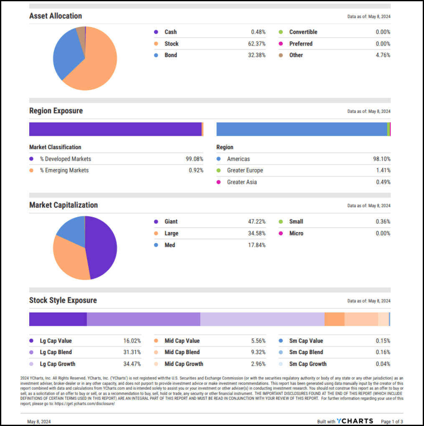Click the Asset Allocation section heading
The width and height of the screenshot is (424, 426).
click(56, 16)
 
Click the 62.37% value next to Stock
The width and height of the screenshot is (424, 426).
click(256, 44)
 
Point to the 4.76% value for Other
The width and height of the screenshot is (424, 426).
click(383, 55)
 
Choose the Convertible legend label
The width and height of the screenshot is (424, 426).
click(303, 32)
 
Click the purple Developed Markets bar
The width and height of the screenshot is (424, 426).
click(115, 129)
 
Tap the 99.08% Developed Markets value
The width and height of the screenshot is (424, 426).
click(194, 159)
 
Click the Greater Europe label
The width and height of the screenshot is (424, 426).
click(245, 170)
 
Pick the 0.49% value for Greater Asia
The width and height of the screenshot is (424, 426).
click(383, 182)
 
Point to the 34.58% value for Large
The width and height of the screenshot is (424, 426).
click(256, 233)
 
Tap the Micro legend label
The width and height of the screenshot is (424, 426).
click(296, 233)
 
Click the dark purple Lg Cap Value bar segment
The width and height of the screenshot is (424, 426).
click(58, 319)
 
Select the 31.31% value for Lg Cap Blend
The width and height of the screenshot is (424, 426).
click(132, 352)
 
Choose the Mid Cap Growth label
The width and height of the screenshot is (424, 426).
click(184, 364)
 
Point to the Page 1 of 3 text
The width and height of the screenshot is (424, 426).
click(392, 421)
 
